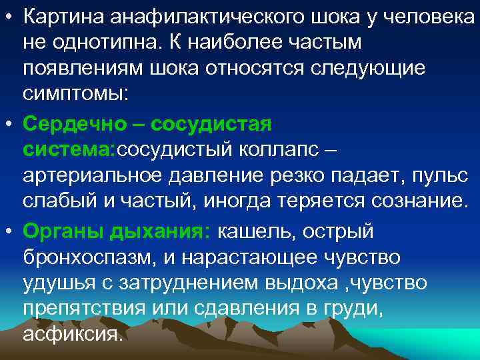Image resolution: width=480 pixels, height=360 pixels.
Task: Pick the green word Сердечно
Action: [x=74, y=124]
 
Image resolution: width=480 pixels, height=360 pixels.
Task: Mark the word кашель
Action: [x=260, y=231]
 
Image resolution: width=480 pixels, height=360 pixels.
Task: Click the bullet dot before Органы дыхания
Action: [x=9, y=231]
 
